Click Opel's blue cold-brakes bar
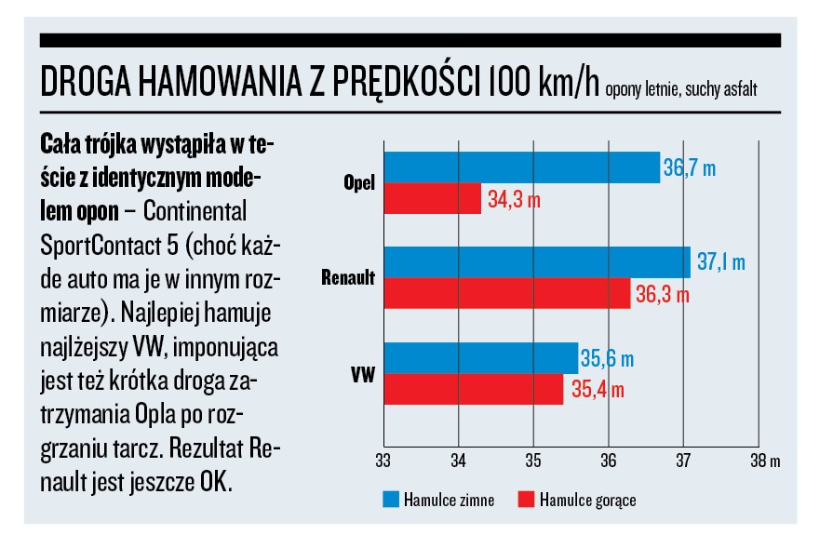tap(521, 167)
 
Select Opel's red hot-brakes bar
tap(432, 198)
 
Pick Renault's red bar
tap(506, 293)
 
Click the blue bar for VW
tap(479, 358)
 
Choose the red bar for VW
tap(472, 389)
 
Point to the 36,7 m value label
tap(690, 168)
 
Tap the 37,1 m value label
tap(720, 263)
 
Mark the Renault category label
tap(348, 278)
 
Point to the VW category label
tap(364, 373)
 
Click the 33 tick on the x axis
tap(383, 460)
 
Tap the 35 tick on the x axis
tap(533, 460)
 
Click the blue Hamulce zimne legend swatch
tap(392, 500)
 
